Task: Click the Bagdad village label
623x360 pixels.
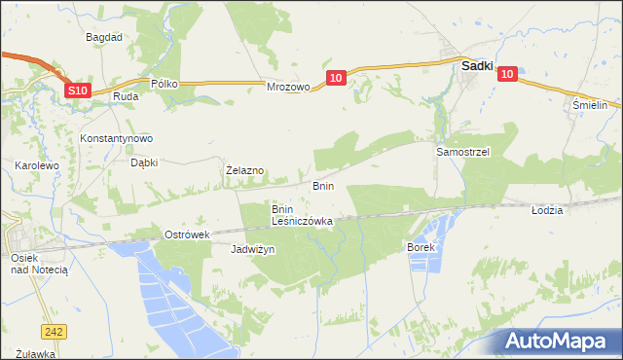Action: pos(103,37)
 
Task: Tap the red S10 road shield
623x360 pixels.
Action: pos(79,90)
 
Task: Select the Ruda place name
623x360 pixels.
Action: pos(125,97)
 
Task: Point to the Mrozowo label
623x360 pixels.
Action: pos(288,87)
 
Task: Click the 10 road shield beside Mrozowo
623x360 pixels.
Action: pos(335,76)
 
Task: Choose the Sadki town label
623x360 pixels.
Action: pos(476,66)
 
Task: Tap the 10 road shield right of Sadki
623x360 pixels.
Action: pos(509,72)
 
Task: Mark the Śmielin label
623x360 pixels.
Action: pos(590,104)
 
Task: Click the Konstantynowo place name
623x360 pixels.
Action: pos(117,138)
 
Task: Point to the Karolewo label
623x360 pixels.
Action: pos(38,166)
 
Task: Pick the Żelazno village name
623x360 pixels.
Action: pos(244,170)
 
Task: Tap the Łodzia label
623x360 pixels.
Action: pos(548,210)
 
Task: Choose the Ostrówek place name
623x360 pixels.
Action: pos(188,235)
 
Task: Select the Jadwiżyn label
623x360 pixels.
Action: pos(253,250)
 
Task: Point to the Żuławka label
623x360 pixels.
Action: pos(35,353)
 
